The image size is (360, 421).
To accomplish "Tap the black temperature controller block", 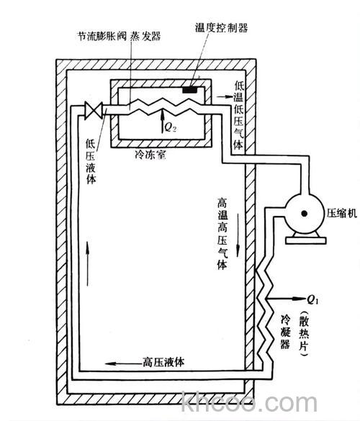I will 193,90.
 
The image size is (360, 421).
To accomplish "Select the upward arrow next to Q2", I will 163,117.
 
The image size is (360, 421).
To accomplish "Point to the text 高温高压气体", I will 222,231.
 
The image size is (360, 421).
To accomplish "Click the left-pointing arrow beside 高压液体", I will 125,362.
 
